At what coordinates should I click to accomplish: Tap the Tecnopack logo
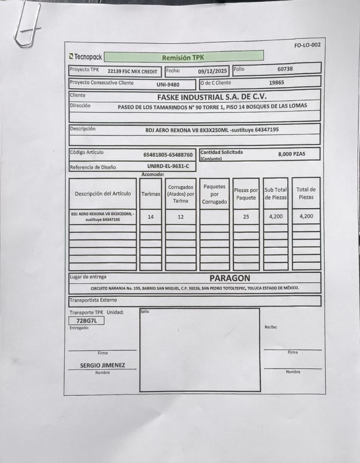[x=85, y=57]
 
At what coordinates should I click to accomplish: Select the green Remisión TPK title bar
[x=184, y=57]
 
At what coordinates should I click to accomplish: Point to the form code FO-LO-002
[x=307, y=45]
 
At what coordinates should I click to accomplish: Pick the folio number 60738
[x=285, y=69]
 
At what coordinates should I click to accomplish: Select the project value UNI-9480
[x=168, y=84]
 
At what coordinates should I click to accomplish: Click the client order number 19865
[x=276, y=83]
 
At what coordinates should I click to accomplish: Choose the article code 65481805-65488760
[x=168, y=155]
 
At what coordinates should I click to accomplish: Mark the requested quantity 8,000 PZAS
[x=292, y=154]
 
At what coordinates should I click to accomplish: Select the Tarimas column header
[x=151, y=194]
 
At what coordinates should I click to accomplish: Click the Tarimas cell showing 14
[x=151, y=217]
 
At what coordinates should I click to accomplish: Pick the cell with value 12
[x=181, y=217]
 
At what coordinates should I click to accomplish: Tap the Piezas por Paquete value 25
[x=246, y=217]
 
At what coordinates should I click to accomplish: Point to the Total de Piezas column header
[x=306, y=193]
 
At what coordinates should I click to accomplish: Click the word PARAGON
[x=230, y=278]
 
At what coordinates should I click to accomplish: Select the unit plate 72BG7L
[x=86, y=321]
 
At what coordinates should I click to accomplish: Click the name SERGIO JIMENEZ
[x=103, y=366]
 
